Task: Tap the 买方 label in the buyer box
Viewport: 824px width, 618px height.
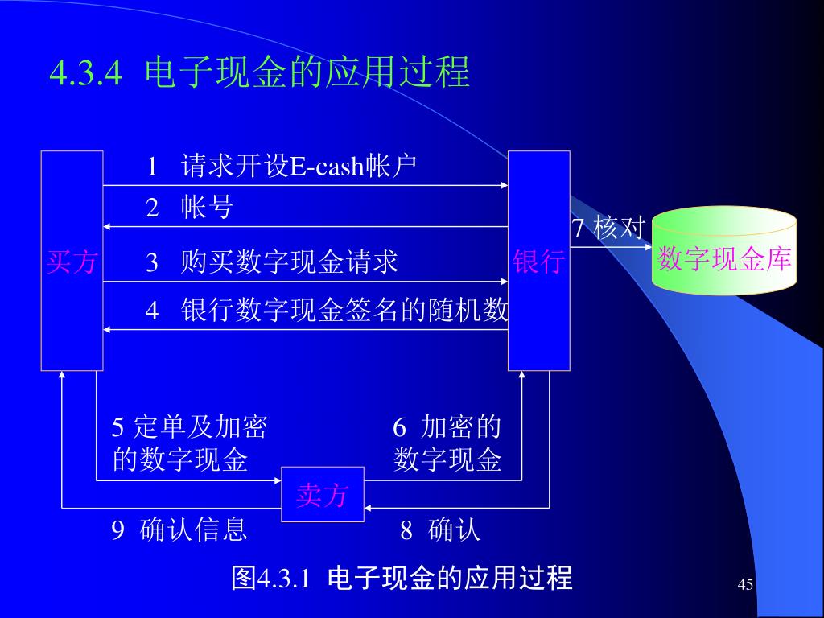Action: click(72, 262)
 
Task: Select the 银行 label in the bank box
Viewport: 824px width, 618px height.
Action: click(538, 262)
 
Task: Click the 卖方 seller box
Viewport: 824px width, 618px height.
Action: click(322, 494)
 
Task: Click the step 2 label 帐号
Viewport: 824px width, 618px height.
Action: click(207, 208)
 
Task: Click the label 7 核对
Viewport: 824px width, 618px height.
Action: click(608, 228)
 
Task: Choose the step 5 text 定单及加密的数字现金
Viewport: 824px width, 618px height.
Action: click(189, 443)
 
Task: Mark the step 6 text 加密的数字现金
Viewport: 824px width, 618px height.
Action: click(447, 443)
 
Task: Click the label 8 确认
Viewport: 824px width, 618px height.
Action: click(440, 530)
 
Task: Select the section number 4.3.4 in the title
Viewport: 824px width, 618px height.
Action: click(85, 74)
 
